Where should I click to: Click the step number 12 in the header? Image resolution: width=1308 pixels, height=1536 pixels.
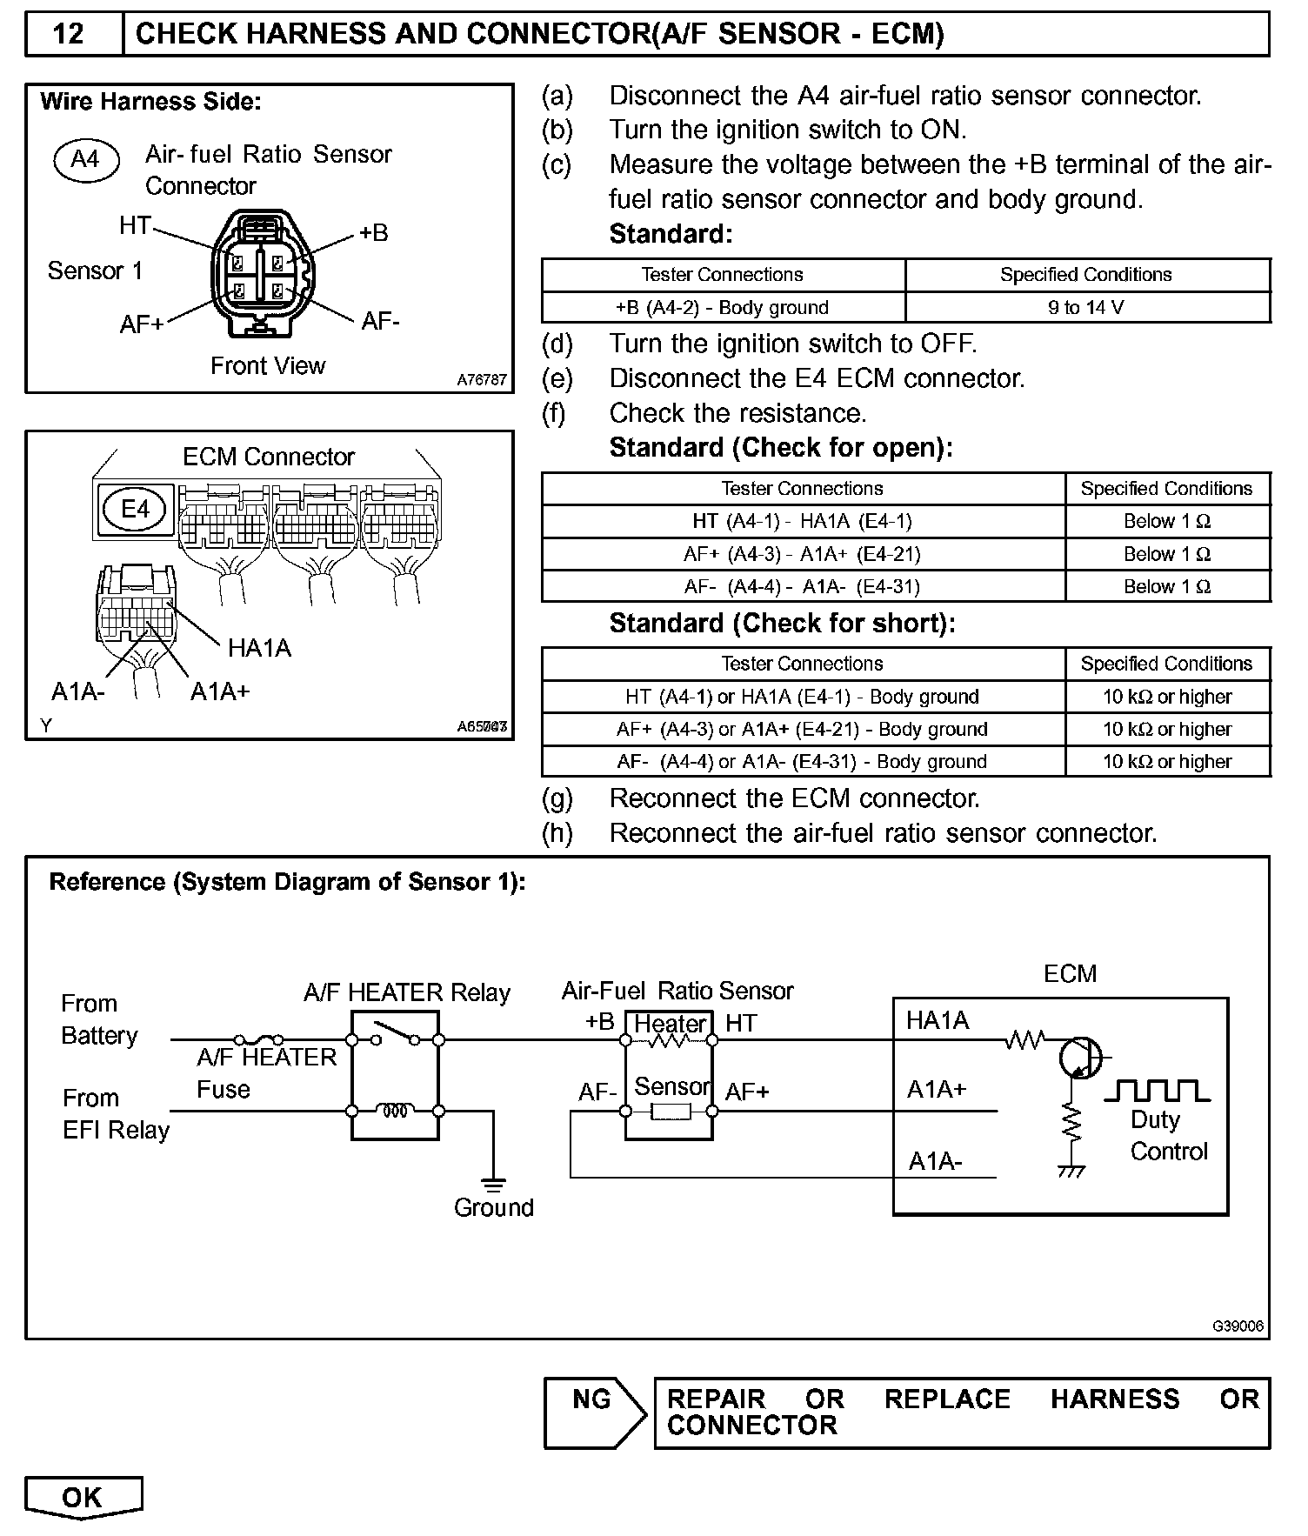click(69, 34)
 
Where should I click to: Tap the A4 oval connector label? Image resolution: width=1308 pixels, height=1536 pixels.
click(85, 159)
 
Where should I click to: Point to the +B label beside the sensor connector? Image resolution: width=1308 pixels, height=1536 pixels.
click(374, 233)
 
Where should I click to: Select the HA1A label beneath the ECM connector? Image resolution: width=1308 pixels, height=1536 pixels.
click(259, 648)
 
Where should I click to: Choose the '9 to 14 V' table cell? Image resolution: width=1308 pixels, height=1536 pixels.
click(1086, 307)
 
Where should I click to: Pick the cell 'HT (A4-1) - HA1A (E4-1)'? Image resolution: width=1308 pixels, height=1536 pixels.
click(802, 521)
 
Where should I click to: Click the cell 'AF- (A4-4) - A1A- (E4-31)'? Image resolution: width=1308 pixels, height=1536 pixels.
click(802, 586)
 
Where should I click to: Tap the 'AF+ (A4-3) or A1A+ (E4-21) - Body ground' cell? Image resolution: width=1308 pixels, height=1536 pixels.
click(802, 729)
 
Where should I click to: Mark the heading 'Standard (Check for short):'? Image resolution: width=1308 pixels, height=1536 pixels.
click(782, 623)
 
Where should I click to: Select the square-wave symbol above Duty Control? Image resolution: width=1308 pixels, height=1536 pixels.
click(1157, 1091)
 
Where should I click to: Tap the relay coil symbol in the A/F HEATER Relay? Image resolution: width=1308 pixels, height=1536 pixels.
click(395, 1111)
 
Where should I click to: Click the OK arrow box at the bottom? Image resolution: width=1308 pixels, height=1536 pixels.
click(83, 1497)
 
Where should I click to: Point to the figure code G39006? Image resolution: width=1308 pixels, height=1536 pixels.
click(1238, 1326)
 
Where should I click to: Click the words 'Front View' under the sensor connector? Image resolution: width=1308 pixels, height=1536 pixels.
click(268, 365)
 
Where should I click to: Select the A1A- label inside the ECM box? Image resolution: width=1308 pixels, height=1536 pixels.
click(935, 1162)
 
